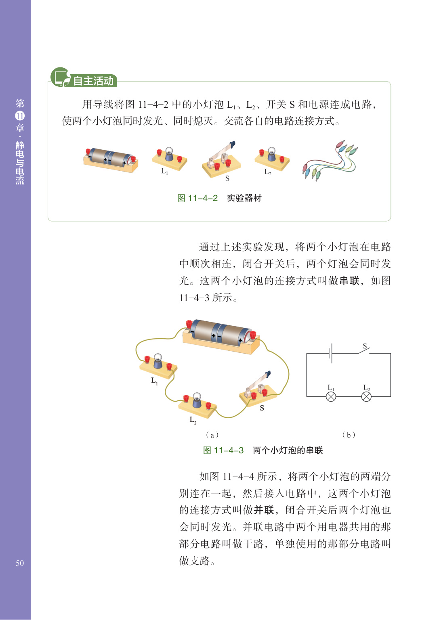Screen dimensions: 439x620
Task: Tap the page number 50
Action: (20, 563)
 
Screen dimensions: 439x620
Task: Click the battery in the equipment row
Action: (111, 159)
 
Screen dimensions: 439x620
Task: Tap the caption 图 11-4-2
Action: (197, 198)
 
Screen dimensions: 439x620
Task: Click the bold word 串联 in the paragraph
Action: (349, 281)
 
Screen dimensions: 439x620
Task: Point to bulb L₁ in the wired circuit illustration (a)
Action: (158, 362)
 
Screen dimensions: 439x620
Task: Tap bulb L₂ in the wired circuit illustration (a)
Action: (197, 401)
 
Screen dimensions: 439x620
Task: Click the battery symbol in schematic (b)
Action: (331, 354)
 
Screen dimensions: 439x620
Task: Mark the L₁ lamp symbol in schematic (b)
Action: (331, 397)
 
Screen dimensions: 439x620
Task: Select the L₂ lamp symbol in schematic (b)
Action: (366, 397)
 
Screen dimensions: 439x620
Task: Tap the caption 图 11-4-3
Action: (223, 450)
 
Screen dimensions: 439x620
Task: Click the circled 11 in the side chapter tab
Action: (20, 116)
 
